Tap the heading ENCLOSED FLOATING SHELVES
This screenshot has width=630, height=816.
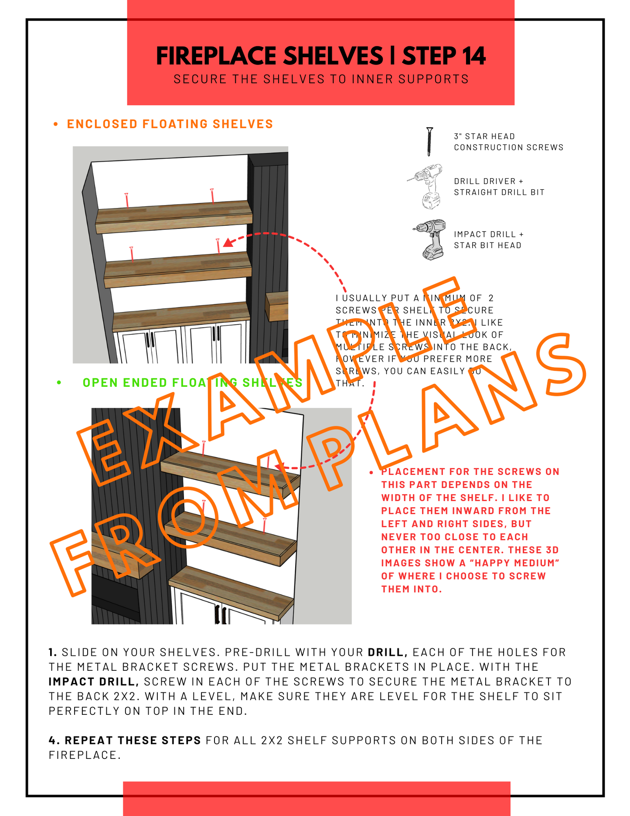click(170, 124)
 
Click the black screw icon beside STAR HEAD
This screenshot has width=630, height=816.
click(429, 141)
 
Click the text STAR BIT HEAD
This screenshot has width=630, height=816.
click(487, 246)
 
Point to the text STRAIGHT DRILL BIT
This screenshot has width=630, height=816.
click(499, 192)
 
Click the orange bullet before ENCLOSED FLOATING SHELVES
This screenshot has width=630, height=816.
click(55, 125)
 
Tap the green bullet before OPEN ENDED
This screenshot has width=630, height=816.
click(59, 383)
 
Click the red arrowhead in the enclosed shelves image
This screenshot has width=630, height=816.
click(228, 243)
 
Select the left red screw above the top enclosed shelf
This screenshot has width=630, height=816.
click(126, 200)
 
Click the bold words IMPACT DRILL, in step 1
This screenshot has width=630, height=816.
click(93, 682)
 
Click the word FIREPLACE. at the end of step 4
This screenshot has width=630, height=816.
click(85, 755)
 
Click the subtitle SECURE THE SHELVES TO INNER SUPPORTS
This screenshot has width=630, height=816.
click(321, 79)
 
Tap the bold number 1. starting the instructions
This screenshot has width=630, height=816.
click(53, 652)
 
